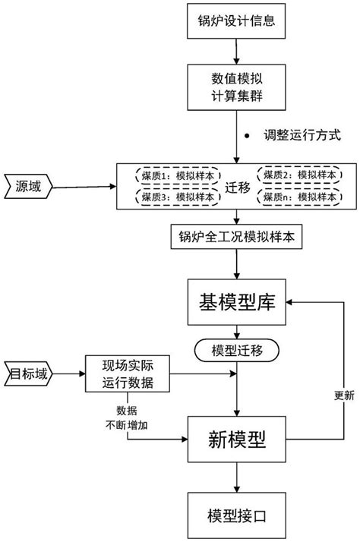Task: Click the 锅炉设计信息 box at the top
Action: [x=238, y=23]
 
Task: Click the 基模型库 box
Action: [x=238, y=304]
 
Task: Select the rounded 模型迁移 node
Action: [x=238, y=350]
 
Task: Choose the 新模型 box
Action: [x=238, y=440]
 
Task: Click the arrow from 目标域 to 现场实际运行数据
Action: [x=65, y=373]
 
